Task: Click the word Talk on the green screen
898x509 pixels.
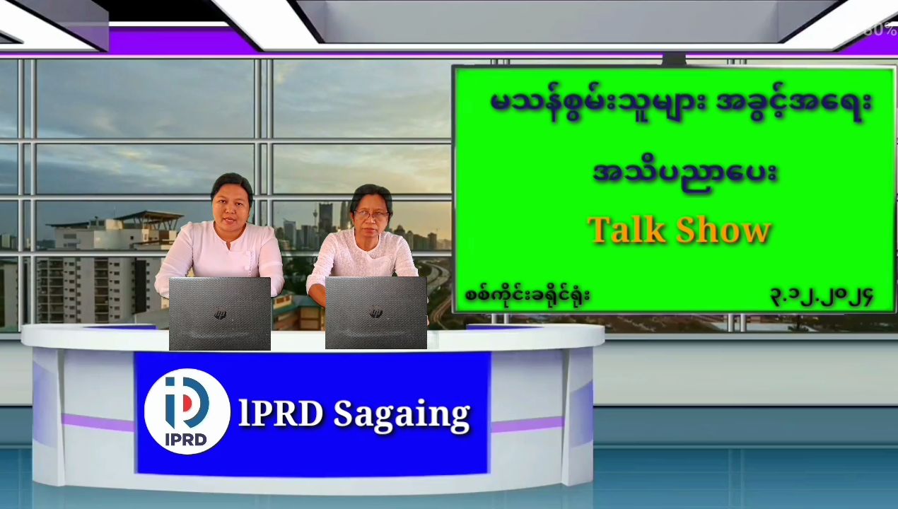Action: (x=627, y=230)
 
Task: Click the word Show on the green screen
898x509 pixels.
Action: (x=724, y=230)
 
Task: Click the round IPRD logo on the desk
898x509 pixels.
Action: (x=187, y=411)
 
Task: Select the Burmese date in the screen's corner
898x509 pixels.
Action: (x=822, y=297)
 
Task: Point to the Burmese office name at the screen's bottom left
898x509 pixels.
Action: (x=527, y=295)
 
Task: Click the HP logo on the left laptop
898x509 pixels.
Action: (x=220, y=314)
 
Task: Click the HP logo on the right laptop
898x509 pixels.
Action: (x=375, y=311)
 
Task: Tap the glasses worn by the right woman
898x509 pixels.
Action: (x=372, y=215)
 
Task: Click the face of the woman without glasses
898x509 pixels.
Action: (x=231, y=210)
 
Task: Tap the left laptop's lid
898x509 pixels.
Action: (x=220, y=313)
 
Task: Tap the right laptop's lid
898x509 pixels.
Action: (x=376, y=312)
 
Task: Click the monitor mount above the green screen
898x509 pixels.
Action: (x=674, y=59)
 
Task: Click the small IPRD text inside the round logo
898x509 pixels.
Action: (x=186, y=440)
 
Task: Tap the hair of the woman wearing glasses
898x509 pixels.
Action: (x=372, y=197)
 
